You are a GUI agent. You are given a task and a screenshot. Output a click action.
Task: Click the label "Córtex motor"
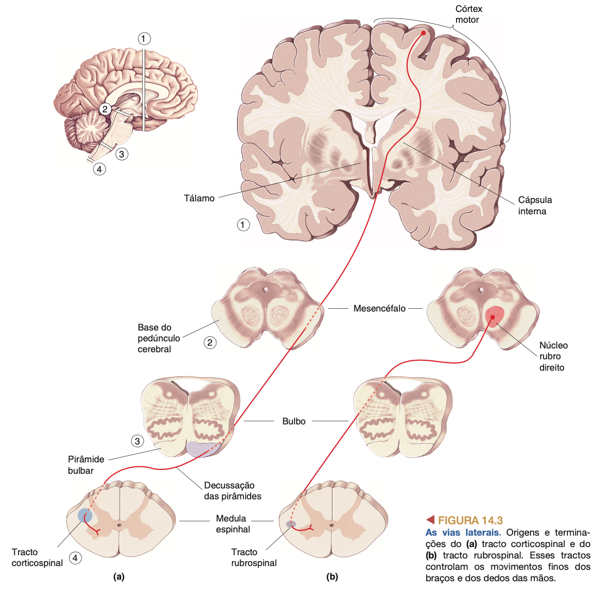coord(468,15)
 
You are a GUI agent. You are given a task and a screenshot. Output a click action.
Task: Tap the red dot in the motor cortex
coord(423,33)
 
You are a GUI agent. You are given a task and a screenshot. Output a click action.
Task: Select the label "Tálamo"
coord(199,199)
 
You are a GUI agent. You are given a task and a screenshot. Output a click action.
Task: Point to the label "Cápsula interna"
coord(534,206)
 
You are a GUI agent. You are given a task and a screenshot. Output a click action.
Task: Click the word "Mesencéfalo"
coord(379,308)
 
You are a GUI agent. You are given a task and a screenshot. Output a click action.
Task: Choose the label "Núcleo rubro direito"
coord(553,356)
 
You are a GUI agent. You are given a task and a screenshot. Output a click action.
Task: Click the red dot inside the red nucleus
coord(493,317)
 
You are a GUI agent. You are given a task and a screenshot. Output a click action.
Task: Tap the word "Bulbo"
coord(294,421)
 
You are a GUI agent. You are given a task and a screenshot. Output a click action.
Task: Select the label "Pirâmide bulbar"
coord(85,465)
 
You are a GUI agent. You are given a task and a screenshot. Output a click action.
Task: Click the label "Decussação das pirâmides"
coord(232,491)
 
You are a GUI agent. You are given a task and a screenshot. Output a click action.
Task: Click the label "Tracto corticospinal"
coord(37,557)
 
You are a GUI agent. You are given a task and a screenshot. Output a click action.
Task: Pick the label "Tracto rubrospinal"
coord(253,557)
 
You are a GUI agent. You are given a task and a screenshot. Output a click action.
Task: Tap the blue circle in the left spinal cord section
coord(85,515)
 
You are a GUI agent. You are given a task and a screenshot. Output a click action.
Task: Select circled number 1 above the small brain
coord(143,39)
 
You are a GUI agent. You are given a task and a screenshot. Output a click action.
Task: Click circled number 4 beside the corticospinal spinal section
coord(76,557)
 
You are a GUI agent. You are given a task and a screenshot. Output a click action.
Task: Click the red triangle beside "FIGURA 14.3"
coord(430,520)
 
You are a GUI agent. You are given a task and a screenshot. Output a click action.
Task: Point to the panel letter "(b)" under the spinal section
coord(332,577)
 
